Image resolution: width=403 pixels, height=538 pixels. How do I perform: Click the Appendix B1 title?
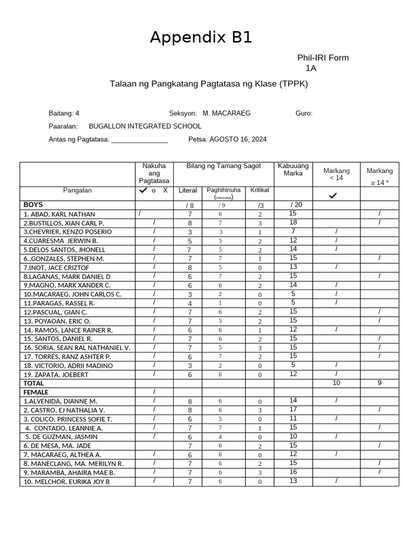coord(201,38)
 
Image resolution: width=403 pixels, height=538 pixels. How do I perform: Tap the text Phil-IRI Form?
coord(323,58)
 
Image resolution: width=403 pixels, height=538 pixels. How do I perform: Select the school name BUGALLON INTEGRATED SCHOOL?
coord(145,126)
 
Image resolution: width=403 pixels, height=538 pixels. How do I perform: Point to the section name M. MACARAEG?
coord(226,113)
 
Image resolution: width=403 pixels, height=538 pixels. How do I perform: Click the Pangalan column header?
coord(77,190)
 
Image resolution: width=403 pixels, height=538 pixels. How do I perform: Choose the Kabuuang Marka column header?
coord(293,170)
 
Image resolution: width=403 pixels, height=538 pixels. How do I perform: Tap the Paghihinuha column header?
coord(224,190)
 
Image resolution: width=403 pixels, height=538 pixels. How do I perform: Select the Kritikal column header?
coord(260,190)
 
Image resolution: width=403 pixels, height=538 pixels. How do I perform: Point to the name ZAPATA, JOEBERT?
coord(55,375)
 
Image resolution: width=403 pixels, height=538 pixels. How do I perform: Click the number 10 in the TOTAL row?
coord(336,383)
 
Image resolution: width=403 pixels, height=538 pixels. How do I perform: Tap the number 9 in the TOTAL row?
coord(379,383)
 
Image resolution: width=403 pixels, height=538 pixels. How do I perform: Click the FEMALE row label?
coord(36,392)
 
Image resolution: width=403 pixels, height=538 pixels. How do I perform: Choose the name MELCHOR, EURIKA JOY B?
coord(66,481)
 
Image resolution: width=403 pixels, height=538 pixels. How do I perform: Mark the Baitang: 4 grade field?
coord(64,113)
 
